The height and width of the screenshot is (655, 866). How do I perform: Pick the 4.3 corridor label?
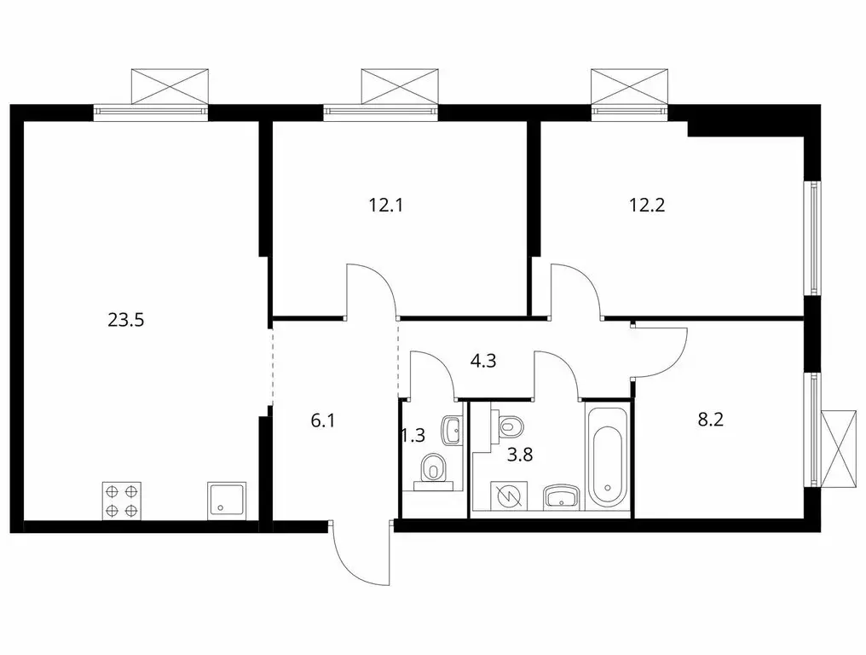tap(482, 361)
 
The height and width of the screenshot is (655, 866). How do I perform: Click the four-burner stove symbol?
tap(121, 501)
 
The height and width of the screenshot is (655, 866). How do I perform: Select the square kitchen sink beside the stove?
tap(227, 501)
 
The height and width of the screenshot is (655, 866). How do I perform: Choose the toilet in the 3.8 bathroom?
tap(510, 424)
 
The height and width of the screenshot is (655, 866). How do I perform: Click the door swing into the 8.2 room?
tap(661, 352)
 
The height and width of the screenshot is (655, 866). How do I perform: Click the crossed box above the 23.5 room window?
tap(170, 87)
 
